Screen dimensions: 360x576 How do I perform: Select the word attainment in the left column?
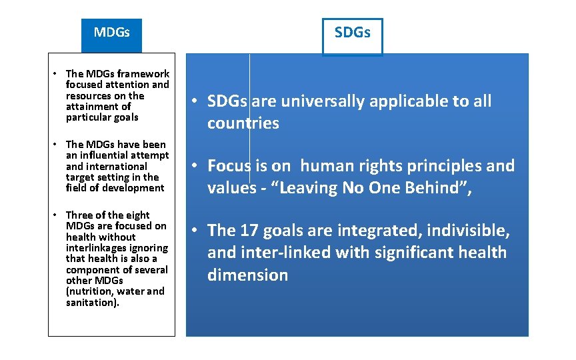(x=89, y=107)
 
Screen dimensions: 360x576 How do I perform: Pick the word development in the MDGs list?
(x=132, y=188)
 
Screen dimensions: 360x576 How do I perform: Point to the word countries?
(x=243, y=123)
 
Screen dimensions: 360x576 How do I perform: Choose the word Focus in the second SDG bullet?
(x=228, y=165)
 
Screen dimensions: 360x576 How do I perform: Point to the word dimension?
(x=247, y=275)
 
